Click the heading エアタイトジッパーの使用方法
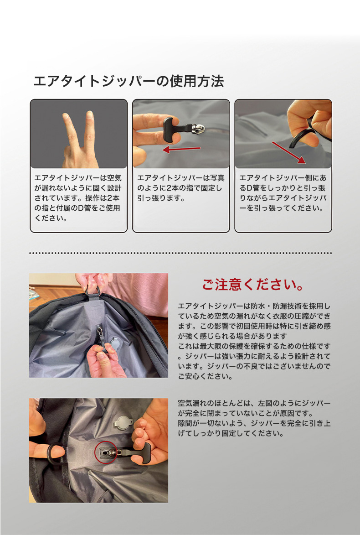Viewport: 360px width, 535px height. coord(129,82)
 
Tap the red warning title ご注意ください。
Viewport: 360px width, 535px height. coord(253,285)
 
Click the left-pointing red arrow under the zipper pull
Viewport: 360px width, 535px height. coord(181,149)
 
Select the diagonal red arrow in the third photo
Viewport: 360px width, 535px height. coord(288,152)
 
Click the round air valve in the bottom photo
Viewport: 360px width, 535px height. coord(123,423)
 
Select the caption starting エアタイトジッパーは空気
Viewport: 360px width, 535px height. coord(78,198)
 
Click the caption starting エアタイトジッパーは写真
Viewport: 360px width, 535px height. coord(180,188)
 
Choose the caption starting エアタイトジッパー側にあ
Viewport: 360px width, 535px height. coord(283,193)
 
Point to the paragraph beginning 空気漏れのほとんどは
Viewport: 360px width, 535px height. coord(254,418)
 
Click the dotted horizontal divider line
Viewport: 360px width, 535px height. coord(180,253)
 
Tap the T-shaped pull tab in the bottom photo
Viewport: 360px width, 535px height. coord(136,452)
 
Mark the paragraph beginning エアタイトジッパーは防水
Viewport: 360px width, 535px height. coord(254,341)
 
